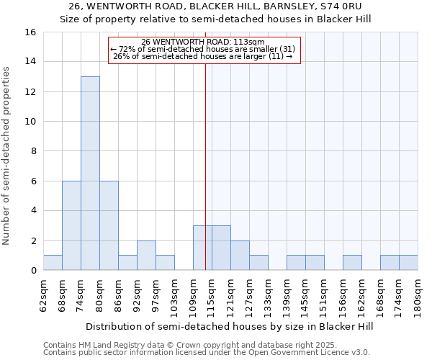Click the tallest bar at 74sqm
90,173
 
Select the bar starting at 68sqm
71,225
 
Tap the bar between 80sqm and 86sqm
109,225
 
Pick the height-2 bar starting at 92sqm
146,256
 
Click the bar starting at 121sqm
240,256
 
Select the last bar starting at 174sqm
408,263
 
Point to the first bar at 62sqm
53,263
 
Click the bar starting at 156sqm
352,263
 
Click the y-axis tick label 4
32,211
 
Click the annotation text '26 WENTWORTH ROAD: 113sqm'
204,42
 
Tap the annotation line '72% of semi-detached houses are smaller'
204,49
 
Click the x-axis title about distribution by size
230,326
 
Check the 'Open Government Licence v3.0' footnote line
207,353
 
